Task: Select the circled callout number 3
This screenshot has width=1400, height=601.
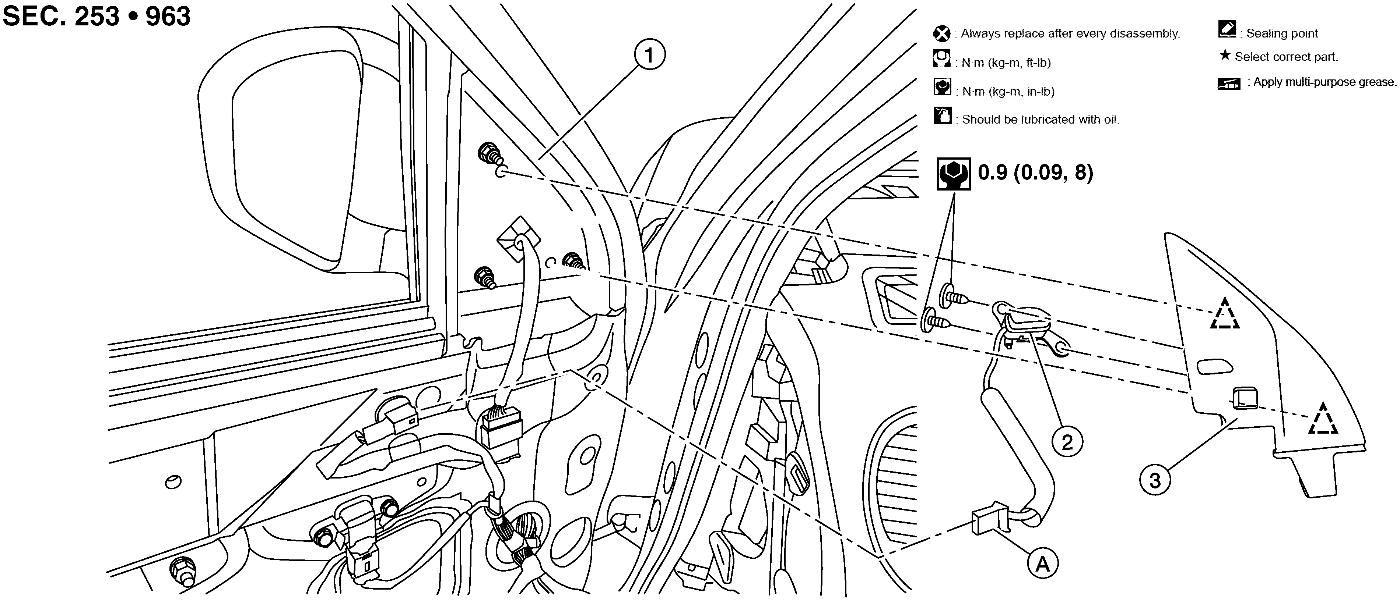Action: click(x=1155, y=480)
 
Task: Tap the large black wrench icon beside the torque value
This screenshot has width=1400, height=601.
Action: click(x=953, y=174)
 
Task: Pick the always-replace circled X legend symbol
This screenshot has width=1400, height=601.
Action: click(x=942, y=34)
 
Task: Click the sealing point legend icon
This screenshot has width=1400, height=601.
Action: click(x=1228, y=30)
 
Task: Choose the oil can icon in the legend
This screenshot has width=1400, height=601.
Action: click(x=943, y=115)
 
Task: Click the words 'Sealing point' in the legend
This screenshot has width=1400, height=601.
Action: click(x=1282, y=34)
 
